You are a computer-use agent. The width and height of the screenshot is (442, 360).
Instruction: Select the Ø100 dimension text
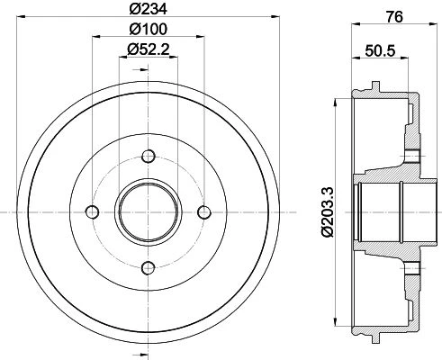tap(149, 29)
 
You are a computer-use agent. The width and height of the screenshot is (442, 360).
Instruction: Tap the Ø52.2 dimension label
tap(149, 49)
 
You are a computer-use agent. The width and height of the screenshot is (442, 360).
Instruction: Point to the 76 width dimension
tap(394, 17)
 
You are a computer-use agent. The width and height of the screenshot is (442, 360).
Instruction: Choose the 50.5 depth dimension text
tap(380, 50)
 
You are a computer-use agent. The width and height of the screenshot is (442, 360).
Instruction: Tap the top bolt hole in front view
tap(149, 157)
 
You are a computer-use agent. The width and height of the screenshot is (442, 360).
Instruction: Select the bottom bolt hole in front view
tap(149, 268)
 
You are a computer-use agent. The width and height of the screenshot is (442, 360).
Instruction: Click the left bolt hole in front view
tap(93, 212)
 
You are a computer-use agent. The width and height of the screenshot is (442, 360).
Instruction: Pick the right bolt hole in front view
tap(204, 212)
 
